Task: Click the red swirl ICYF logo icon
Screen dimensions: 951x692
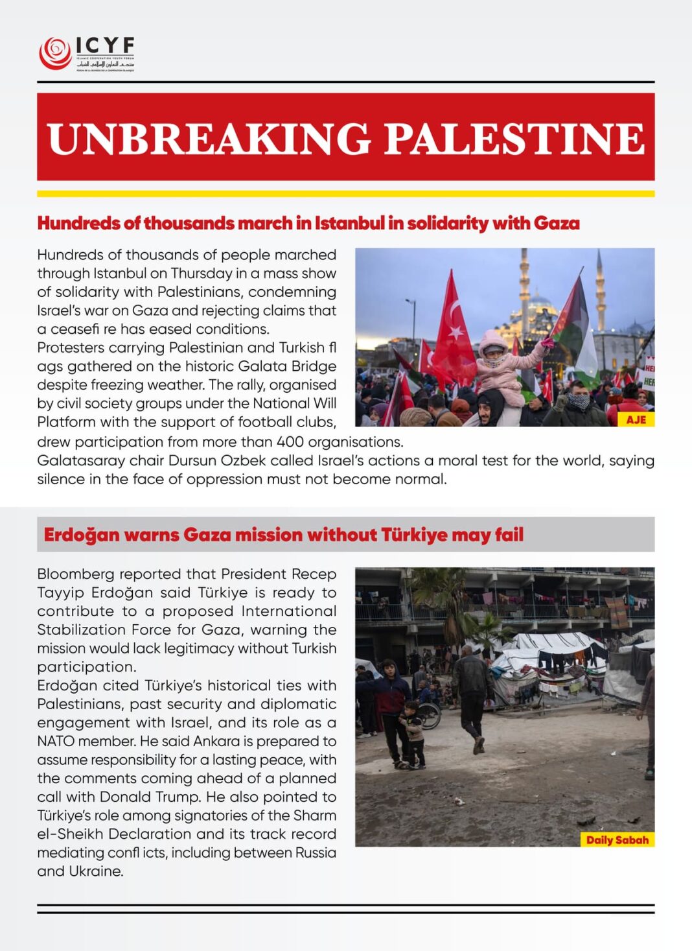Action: point(55,53)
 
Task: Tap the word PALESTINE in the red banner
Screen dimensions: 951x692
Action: point(514,138)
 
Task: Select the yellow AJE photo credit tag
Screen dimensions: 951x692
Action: point(636,419)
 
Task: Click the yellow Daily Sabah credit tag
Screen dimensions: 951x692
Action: point(617,839)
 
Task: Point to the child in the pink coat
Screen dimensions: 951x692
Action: point(498,367)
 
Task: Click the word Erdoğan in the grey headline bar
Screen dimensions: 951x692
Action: point(82,535)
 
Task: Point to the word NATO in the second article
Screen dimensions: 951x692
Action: point(56,741)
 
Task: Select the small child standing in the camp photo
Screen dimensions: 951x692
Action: point(413,733)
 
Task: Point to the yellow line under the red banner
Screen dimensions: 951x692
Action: point(345,193)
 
